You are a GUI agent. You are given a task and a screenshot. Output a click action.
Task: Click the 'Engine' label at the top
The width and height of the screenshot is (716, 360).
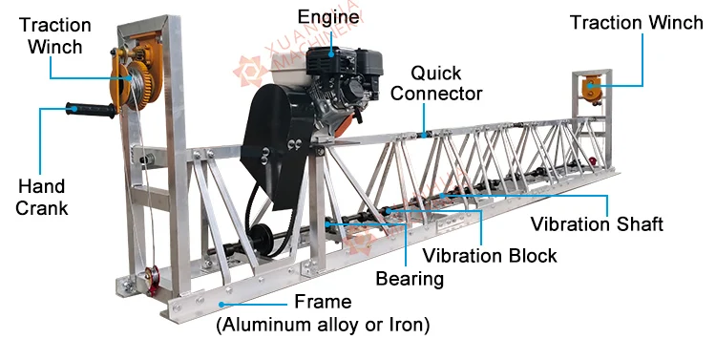(329, 16)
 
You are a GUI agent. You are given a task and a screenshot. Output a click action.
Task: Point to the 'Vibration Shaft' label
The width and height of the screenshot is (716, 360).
(597, 225)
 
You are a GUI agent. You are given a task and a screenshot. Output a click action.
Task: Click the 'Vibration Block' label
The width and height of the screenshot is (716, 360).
(490, 255)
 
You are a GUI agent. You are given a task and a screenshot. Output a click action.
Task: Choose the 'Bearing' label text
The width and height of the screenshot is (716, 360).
(410, 279)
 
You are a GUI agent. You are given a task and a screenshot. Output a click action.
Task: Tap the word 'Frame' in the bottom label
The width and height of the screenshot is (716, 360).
(322, 302)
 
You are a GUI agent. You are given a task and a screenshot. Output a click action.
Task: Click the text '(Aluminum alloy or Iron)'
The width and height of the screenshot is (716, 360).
(322, 325)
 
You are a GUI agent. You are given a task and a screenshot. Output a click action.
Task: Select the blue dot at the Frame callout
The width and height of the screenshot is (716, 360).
(221, 304)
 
